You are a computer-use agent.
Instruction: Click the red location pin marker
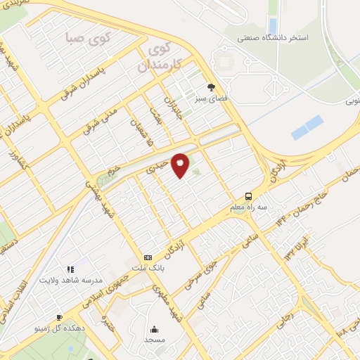[181, 165]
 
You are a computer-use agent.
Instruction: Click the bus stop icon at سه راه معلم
[249, 196]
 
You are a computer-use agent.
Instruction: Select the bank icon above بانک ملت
[148, 257]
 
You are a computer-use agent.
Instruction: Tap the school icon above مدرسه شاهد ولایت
[70, 269]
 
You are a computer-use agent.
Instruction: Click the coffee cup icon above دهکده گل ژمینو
[59, 317]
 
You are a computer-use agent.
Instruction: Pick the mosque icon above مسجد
[154, 328]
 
